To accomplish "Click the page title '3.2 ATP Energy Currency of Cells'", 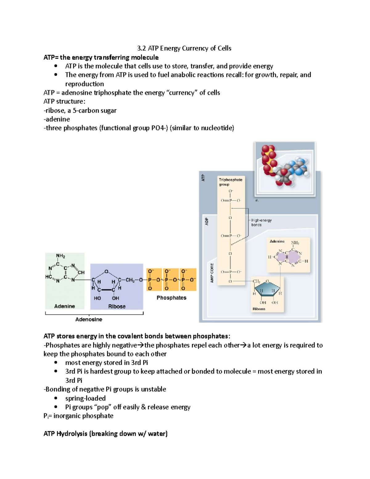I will pos(184,48).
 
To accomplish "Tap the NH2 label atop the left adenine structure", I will pos(60,256).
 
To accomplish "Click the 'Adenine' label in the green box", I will pos(64,306).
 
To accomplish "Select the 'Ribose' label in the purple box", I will pos(117,307).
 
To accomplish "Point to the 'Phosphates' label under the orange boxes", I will pos(171,298).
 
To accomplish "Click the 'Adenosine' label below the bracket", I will pos(88,320).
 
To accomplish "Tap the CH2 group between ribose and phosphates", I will pos(130,280).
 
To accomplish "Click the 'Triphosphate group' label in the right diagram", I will pos(230,182).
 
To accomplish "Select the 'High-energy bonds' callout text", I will pos(261,222).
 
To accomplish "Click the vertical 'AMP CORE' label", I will pos(212,273).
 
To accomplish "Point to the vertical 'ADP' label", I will pos(207,221).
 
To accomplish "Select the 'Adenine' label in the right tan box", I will pos(277,242).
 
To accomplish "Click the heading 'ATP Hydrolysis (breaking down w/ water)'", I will pos(105,434).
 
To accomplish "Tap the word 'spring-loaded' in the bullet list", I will pos(85,398).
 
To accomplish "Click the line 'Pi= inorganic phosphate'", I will pos(78,416).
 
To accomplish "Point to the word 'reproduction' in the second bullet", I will pos(84,84).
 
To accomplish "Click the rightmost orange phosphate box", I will pos(188,280).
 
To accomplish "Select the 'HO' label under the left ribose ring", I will pos(97,298).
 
